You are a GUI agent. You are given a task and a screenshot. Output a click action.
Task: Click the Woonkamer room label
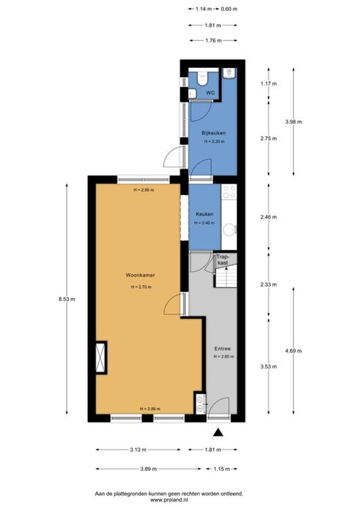[x=140, y=275]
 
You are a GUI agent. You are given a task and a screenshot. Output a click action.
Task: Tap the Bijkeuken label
[x=213, y=133]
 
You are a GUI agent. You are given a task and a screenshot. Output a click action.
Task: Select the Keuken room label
[x=205, y=214]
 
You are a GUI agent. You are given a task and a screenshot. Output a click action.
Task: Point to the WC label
[x=210, y=93]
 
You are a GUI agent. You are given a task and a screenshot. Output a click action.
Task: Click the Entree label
[x=222, y=349]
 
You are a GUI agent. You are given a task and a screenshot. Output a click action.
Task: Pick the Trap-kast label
[x=223, y=260]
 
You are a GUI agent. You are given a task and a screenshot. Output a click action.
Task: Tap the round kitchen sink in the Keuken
[x=230, y=230]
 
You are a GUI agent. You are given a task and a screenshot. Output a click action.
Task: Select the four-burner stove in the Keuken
[x=229, y=191]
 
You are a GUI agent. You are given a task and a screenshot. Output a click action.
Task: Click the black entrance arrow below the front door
[x=219, y=432]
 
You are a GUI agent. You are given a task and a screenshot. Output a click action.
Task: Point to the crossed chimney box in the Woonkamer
[x=101, y=357]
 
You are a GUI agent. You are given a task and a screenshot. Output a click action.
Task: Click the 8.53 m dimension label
[x=67, y=299]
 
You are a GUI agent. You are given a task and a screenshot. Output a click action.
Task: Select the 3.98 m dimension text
[x=294, y=122]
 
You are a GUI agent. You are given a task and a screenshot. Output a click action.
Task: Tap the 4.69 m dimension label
[x=294, y=351]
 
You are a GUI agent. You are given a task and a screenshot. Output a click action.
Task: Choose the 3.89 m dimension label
[x=148, y=469]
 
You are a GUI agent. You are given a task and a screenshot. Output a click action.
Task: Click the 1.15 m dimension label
[x=221, y=469]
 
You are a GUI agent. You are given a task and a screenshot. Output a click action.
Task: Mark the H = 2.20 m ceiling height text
[x=214, y=141]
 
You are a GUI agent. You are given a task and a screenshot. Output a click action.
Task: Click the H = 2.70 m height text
[x=141, y=287]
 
